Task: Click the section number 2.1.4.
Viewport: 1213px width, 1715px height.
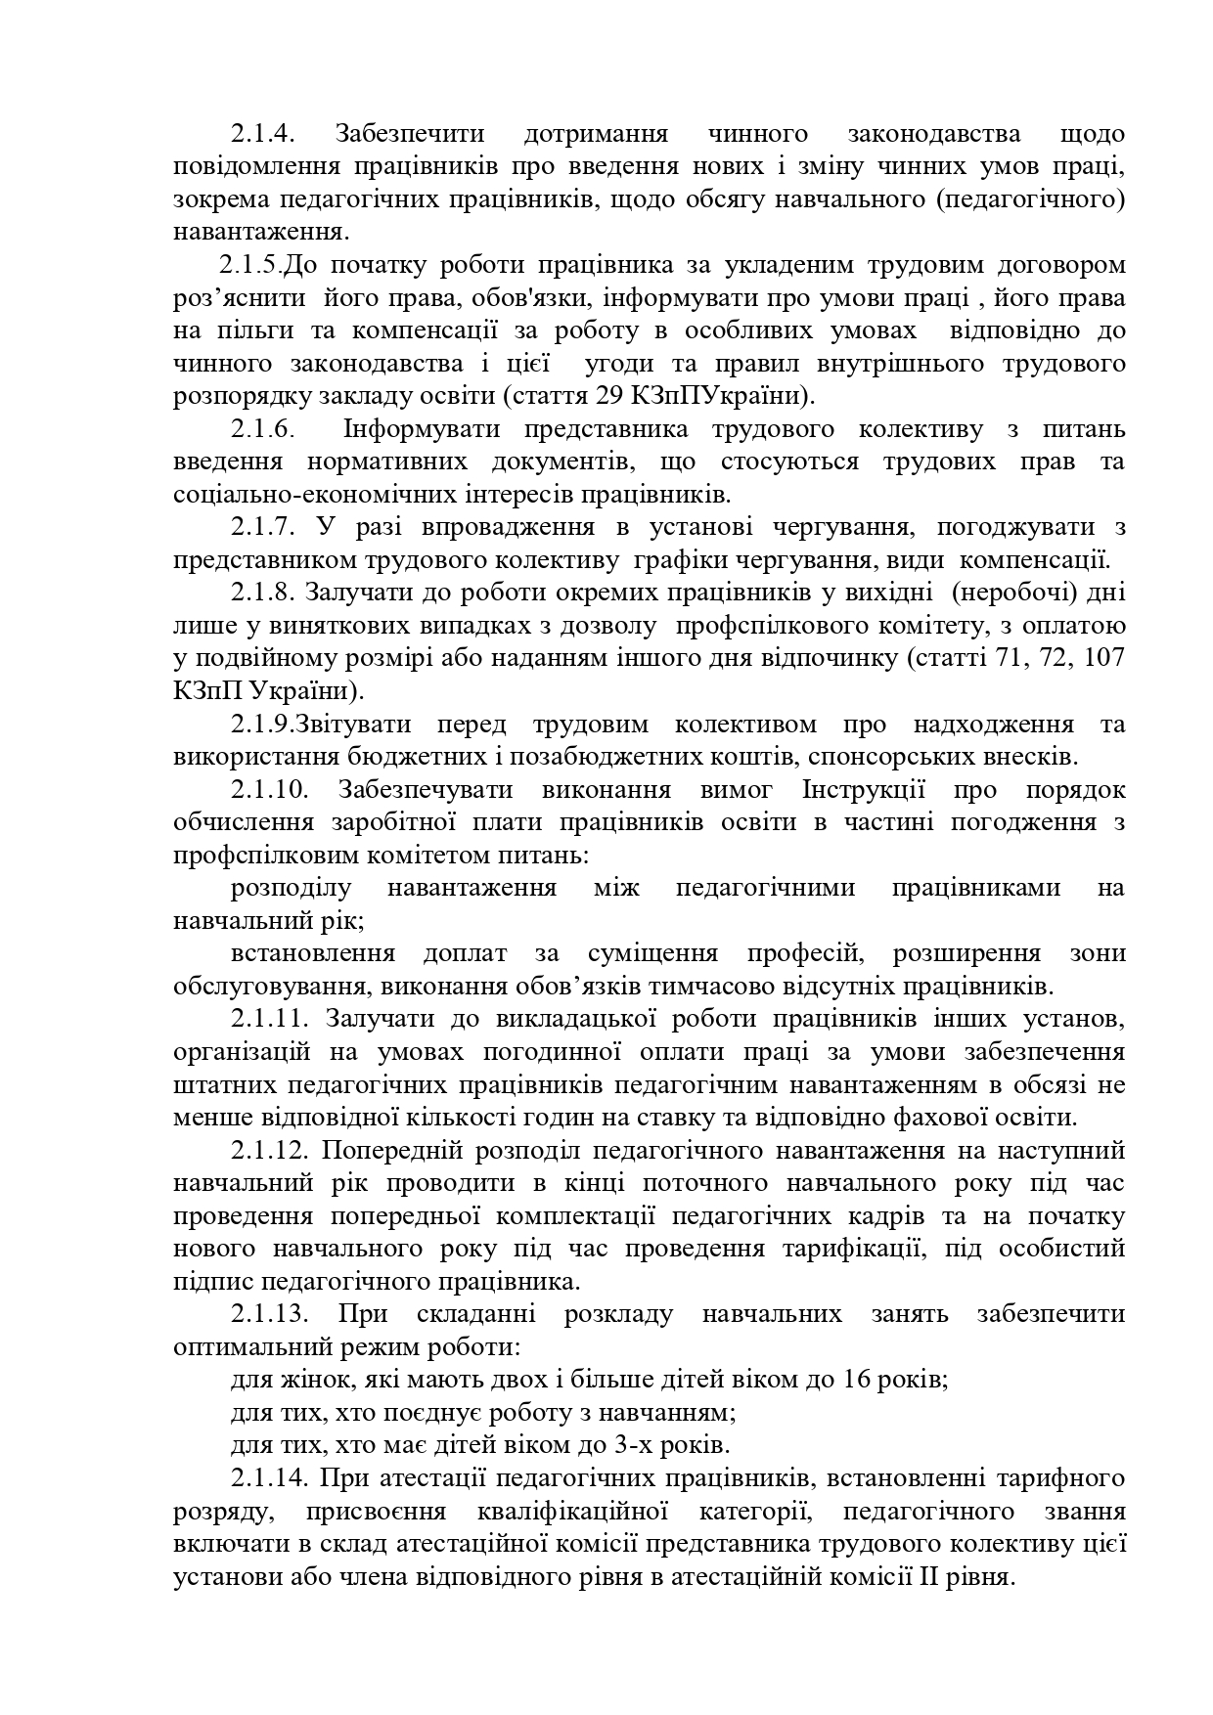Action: [x=263, y=134]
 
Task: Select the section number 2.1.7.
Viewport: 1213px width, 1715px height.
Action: [x=263, y=528]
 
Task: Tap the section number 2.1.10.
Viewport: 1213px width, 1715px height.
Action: [x=270, y=790]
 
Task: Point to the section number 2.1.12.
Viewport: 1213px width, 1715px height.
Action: [x=270, y=1151]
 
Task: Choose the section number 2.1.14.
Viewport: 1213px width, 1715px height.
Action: [x=270, y=1478]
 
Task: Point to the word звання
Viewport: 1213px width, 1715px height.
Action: [x=1086, y=1512]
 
